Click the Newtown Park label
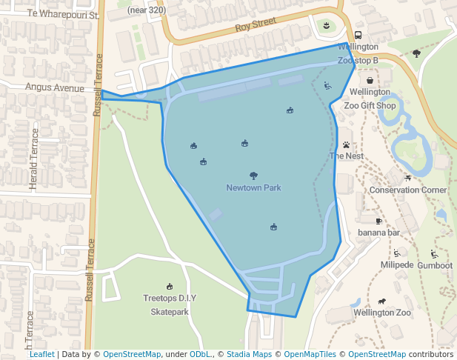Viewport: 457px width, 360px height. [x=253, y=188]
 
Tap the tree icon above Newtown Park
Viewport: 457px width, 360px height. [x=253, y=176]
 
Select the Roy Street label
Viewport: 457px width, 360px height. [x=255, y=27]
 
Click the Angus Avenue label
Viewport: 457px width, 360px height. [x=55, y=87]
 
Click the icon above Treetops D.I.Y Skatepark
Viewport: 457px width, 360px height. [x=170, y=287]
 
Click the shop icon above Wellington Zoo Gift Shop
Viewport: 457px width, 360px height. [x=370, y=80]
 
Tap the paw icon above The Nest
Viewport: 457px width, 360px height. [x=346, y=144]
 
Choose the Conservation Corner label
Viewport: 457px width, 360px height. [x=408, y=190]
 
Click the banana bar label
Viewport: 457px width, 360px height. [x=378, y=233]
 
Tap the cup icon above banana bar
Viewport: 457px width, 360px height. [x=378, y=221]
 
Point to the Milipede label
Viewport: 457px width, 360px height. [x=397, y=265]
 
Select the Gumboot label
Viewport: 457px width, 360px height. [x=435, y=265]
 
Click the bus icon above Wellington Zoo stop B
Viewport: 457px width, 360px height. [x=358, y=36]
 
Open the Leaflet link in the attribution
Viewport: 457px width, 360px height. [x=41, y=354]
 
